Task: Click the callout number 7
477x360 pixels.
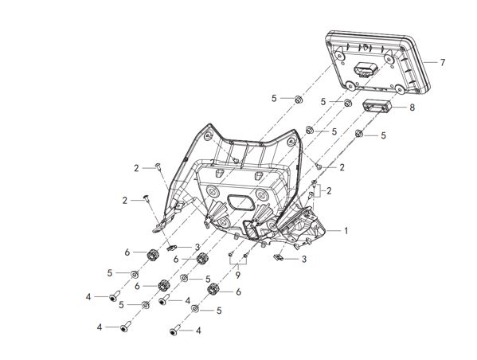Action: click(x=443, y=62)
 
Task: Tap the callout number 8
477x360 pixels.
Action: click(x=412, y=108)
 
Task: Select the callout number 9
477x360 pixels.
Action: click(x=237, y=275)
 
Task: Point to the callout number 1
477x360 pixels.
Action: click(x=346, y=231)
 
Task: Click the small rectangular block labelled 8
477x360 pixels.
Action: click(x=377, y=106)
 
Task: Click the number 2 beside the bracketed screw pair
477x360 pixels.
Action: click(x=329, y=191)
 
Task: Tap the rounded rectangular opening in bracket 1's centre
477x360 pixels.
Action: click(x=240, y=202)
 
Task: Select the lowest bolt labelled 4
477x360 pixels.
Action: click(x=175, y=331)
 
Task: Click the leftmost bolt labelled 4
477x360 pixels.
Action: click(x=115, y=295)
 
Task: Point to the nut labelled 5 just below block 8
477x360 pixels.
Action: click(x=359, y=133)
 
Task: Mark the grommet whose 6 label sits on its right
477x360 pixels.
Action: click(x=213, y=288)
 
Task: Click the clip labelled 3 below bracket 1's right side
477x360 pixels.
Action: click(x=278, y=258)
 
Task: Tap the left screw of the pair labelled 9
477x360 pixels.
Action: click(x=231, y=253)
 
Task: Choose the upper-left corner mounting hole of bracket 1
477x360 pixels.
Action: click(x=208, y=135)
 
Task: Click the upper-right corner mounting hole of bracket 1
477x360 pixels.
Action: click(x=291, y=142)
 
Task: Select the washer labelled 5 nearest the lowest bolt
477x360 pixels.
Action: click(x=195, y=309)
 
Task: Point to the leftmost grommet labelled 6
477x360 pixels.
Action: click(x=153, y=254)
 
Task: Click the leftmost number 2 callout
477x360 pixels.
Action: click(x=125, y=201)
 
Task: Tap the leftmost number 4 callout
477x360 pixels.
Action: click(x=88, y=297)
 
